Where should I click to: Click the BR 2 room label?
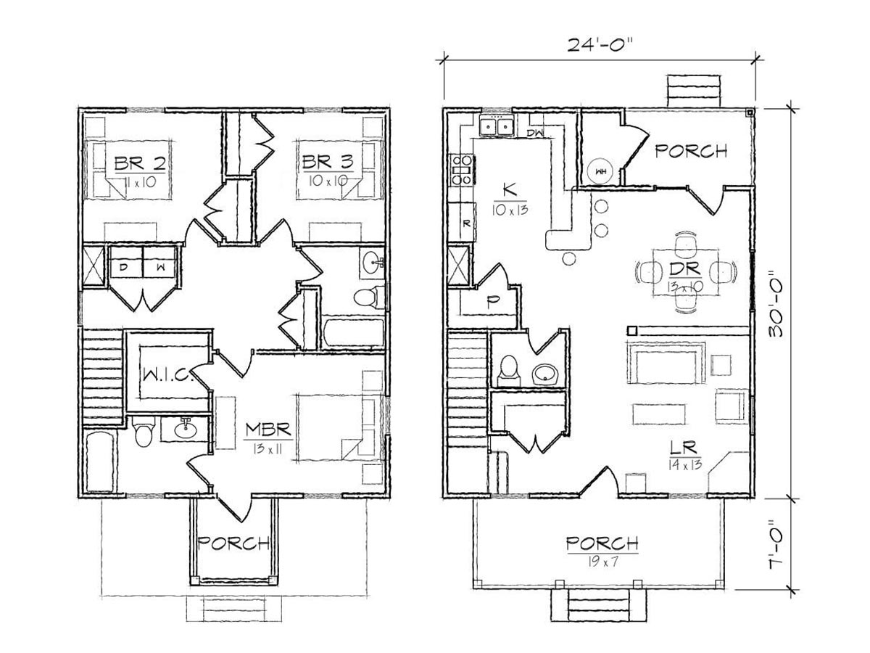(x=140, y=163)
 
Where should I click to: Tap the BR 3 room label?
(x=328, y=162)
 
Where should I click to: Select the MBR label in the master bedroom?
(x=268, y=430)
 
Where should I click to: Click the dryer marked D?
(x=126, y=262)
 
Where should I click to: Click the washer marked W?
(x=159, y=262)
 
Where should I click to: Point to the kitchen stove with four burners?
(x=461, y=170)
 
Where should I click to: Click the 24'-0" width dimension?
(x=597, y=44)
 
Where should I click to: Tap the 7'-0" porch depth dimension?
(x=776, y=549)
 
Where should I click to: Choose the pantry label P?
(x=492, y=303)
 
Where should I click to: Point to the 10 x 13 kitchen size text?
(x=510, y=210)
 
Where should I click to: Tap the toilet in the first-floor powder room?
(x=508, y=370)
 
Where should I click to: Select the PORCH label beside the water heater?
(x=691, y=151)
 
